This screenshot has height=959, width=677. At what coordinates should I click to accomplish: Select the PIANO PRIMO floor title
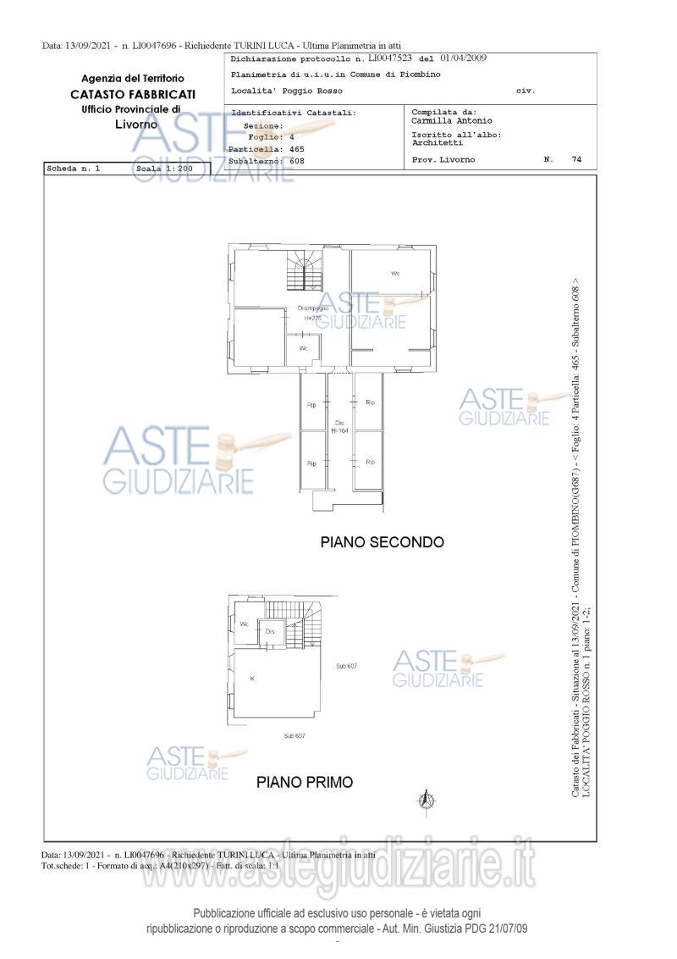(305, 783)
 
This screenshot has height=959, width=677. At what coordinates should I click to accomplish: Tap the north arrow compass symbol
(427, 799)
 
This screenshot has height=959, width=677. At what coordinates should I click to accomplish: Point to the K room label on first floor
(252, 679)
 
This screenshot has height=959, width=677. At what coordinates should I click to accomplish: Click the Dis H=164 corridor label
(339, 427)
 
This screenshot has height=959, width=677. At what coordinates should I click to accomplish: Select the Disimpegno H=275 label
(310, 313)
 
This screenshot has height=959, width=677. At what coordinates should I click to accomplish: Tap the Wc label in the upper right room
(395, 274)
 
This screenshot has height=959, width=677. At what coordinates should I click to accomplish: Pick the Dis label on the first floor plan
(270, 632)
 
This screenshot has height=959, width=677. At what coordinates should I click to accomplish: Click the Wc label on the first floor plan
(244, 624)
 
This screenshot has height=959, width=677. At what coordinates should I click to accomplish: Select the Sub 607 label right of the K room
(346, 667)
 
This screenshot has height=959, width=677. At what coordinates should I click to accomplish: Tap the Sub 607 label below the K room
(294, 736)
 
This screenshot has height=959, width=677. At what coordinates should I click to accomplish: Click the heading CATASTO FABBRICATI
(132, 93)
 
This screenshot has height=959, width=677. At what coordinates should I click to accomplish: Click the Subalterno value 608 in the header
(295, 160)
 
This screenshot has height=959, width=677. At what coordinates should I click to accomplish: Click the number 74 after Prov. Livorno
(576, 159)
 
